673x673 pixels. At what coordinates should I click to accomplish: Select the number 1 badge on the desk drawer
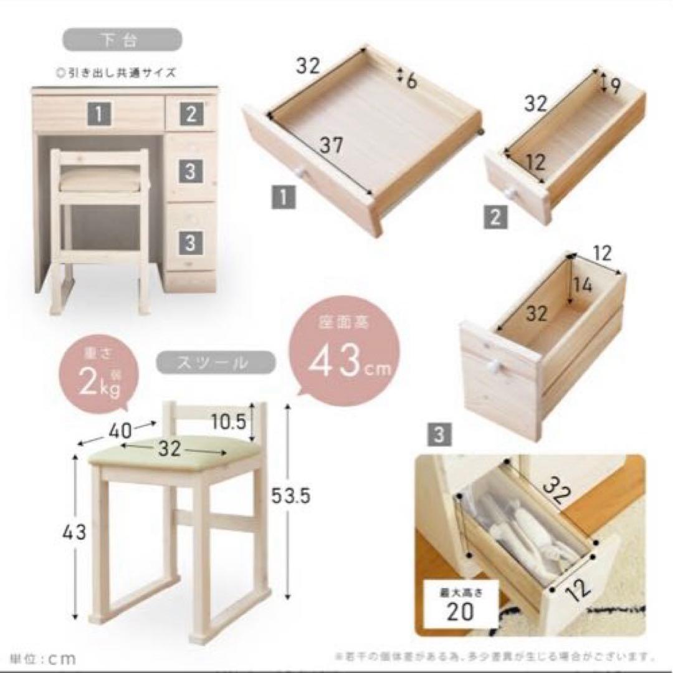tap(100, 114)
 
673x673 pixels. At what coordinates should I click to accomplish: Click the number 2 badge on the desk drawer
tap(191, 113)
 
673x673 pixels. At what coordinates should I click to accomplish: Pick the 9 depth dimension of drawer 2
tap(614, 86)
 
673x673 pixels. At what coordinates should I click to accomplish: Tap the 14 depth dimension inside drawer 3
tap(583, 285)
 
